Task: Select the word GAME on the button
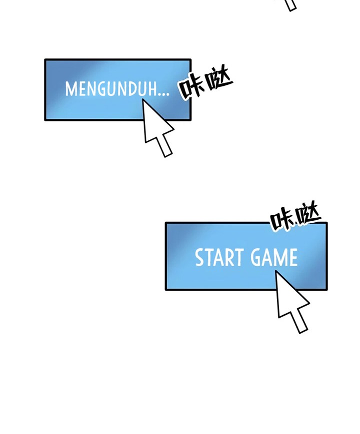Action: point(274,258)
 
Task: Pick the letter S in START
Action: point(199,258)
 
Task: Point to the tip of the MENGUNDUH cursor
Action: point(143,100)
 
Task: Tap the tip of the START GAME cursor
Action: point(276,272)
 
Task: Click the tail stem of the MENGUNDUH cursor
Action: point(164,146)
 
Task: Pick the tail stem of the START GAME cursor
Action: point(299,322)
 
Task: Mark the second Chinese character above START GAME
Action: point(307,216)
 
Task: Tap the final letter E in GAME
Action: point(292,258)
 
